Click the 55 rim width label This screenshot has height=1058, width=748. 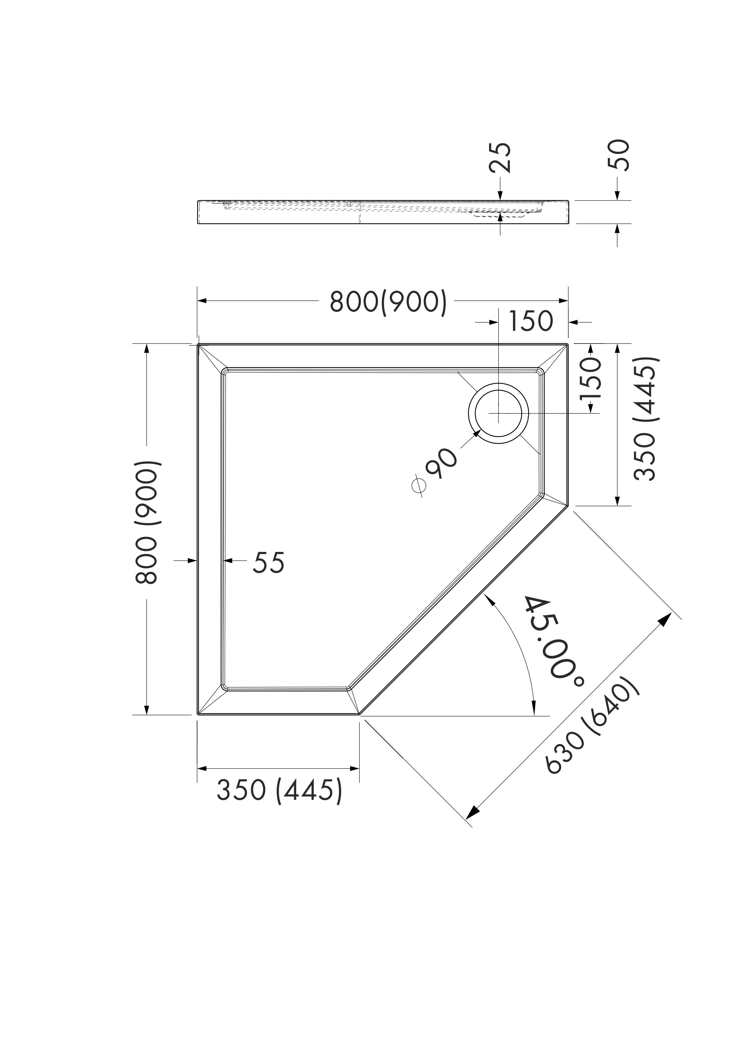pos(269,563)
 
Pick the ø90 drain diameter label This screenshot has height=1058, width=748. pos(435,470)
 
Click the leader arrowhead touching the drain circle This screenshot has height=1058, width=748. pos(477,434)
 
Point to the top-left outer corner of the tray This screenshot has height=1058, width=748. pos(198,344)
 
